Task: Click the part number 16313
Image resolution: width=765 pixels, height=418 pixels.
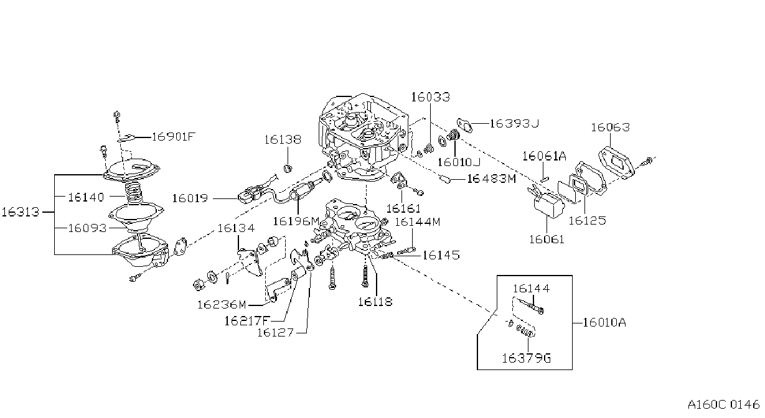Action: pos(21,212)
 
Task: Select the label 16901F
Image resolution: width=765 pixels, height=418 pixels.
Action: pos(173,137)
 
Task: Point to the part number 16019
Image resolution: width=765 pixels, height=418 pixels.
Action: pos(190,198)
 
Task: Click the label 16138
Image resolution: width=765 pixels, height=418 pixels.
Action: pos(283,139)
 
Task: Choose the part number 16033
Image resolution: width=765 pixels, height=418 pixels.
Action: pos(430,97)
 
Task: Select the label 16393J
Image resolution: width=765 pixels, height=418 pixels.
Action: pos(514,123)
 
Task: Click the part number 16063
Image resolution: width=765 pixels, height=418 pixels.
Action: pos(610,128)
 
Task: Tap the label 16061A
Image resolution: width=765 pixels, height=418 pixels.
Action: pos(544,156)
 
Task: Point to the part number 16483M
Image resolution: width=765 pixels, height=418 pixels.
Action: pos(492,179)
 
